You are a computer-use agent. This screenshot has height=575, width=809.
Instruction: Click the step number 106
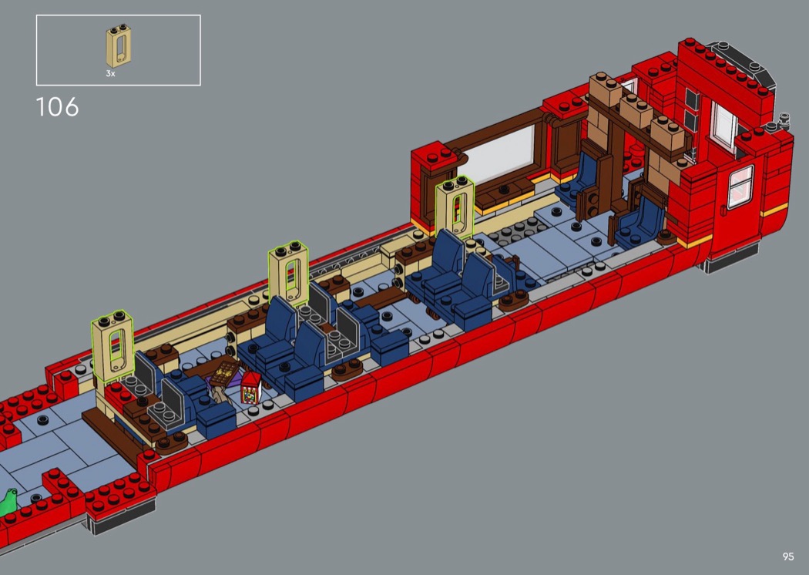pos(57,107)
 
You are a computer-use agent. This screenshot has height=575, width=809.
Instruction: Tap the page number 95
pos(788,557)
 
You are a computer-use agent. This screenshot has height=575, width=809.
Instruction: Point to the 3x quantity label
pos(110,74)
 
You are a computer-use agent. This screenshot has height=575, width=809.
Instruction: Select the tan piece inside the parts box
pos(118,46)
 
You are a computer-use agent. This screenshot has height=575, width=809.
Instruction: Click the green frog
pos(8,503)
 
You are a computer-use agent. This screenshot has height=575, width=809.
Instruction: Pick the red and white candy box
pos(250,387)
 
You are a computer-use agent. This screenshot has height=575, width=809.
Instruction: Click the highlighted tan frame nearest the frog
pos(113,346)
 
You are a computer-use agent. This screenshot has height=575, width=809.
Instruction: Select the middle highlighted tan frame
pos(289,273)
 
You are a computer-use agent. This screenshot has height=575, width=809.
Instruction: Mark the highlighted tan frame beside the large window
pos(455,207)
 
